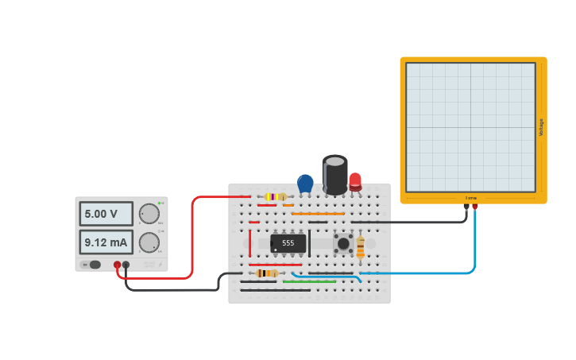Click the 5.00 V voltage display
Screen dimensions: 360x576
click(x=106, y=214)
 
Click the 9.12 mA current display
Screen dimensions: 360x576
click(x=106, y=242)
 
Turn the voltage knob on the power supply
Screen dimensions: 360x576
click(x=149, y=214)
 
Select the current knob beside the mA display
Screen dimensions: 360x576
click(x=149, y=242)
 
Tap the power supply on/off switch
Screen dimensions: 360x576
click(x=95, y=265)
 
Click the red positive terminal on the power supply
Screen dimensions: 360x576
click(x=117, y=265)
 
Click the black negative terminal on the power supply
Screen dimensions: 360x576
click(x=126, y=265)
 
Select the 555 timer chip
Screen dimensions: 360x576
click(x=288, y=242)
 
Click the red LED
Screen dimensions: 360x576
click(x=354, y=181)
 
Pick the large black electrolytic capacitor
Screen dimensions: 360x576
click(x=334, y=174)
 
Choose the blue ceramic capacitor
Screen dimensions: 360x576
click(x=305, y=183)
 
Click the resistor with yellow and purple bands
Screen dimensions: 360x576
click(x=275, y=196)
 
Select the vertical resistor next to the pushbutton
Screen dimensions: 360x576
click(x=360, y=247)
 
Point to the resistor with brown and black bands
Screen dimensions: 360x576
click(x=266, y=273)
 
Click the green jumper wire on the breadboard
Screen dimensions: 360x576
click(x=309, y=281)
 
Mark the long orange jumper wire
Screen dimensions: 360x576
click(x=318, y=214)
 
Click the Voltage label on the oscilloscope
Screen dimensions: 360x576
click(x=541, y=127)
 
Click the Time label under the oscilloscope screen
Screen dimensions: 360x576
click(x=470, y=198)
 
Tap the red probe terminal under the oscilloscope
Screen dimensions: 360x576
click(x=475, y=207)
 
